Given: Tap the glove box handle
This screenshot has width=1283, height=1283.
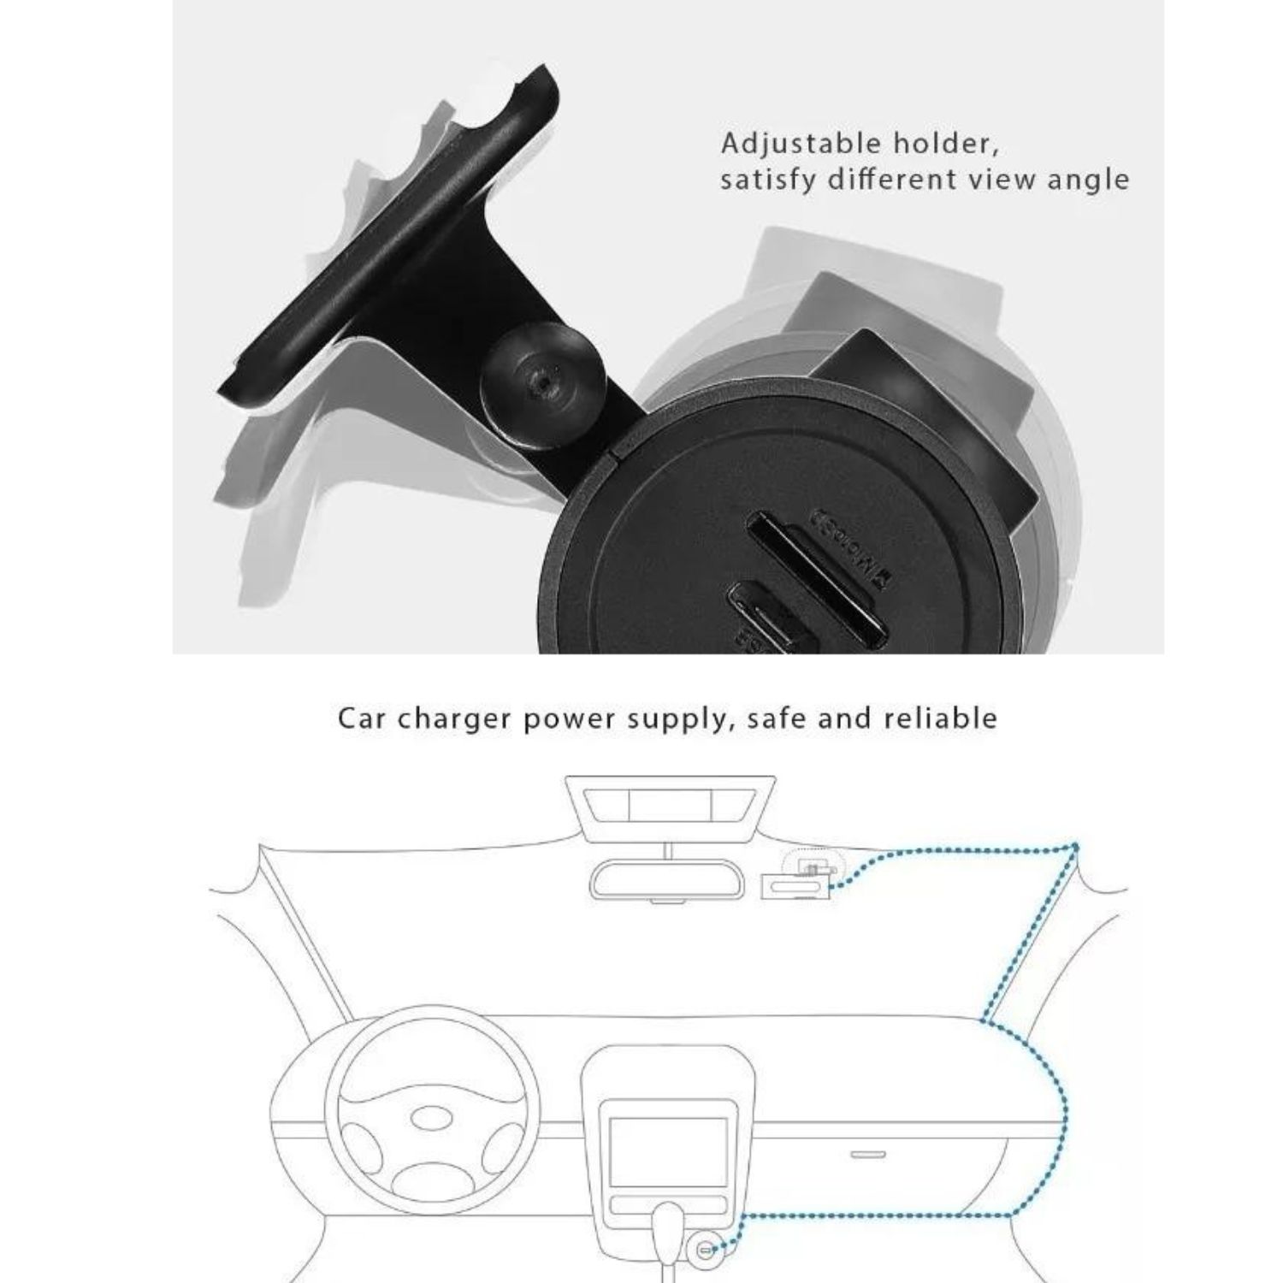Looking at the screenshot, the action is pyautogui.click(x=868, y=1154).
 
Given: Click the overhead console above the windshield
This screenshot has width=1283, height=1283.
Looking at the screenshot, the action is pyautogui.click(x=671, y=804).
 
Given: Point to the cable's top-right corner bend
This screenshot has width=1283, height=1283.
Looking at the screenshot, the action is pyautogui.click(x=1075, y=847).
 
